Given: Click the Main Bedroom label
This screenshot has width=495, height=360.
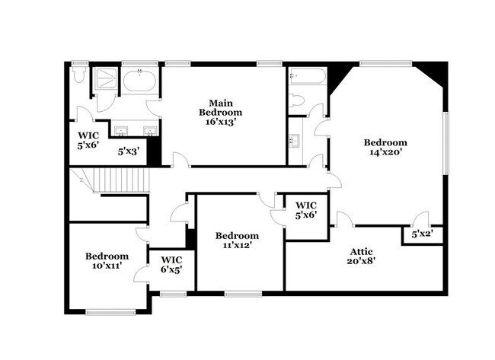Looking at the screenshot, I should tap(221, 107).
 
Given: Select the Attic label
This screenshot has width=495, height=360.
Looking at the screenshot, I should tap(361, 251).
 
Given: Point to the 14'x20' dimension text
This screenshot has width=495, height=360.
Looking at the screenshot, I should tap(385, 152).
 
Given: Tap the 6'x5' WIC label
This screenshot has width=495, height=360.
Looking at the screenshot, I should tap(171, 263).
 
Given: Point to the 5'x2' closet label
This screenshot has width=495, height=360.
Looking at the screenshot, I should tap(423, 234).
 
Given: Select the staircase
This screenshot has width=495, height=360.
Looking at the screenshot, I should tap(114, 182).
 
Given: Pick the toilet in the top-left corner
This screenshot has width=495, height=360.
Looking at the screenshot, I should tap(78, 76).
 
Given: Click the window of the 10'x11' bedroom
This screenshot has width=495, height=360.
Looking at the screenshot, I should tap(110, 311).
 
